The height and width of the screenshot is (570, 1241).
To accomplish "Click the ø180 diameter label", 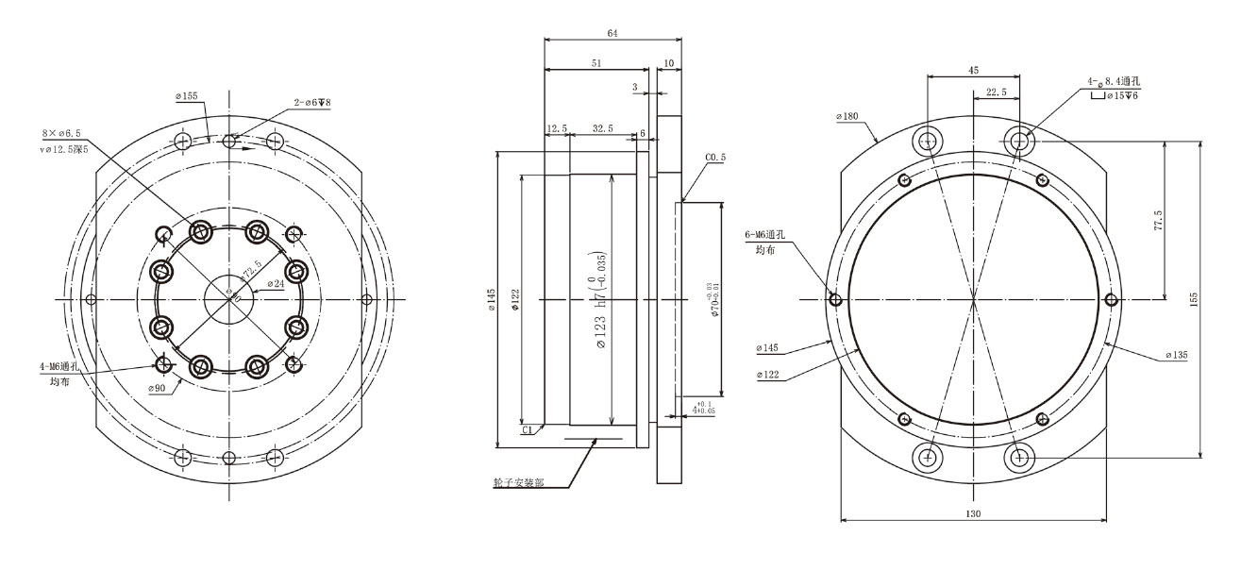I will pyautogui.click(x=847, y=117).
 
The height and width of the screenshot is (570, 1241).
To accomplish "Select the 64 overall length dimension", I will pyautogui.click(x=612, y=33).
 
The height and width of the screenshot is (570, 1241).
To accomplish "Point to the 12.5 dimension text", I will pyautogui.click(x=557, y=127).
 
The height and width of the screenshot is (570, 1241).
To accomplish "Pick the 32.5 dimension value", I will pyautogui.click(x=602, y=127).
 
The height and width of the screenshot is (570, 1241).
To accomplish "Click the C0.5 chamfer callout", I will pyautogui.click(x=714, y=158).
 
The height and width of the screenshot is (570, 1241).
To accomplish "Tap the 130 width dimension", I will pyautogui.click(x=973, y=513).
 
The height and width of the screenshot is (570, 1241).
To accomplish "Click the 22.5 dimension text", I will pyautogui.click(x=997, y=92).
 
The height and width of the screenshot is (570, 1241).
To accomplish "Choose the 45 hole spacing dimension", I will pyautogui.click(x=973, y=69).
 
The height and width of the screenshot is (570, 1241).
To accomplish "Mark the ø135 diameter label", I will pyautogui.click(x=1176, y=355).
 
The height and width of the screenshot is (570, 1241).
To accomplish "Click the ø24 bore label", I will pyautogui.click(x=276, y=283).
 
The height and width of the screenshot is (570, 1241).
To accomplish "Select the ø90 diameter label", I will pyautogui.click(x=157, y=388).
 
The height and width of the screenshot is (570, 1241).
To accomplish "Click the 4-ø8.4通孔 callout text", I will pyautogui.click(x=1117, y=83).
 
